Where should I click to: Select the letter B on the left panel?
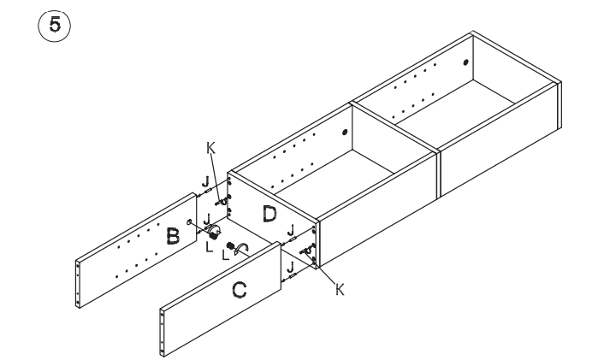click(172, 237)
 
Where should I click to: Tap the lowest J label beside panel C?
click(292, 267)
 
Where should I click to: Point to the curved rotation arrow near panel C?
click(243, 250)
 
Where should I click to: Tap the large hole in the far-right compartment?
click(465, 62)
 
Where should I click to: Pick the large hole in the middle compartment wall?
click(344, 133)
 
